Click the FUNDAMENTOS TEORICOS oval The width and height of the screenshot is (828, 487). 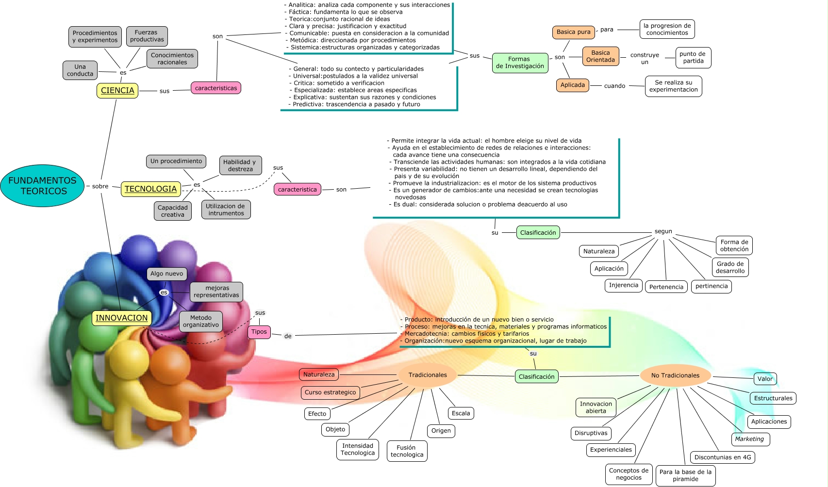(42, 186)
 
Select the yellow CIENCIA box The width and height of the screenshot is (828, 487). (117, 91)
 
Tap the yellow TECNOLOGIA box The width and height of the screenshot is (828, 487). (150, 189)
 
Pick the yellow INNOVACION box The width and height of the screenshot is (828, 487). (122, 318)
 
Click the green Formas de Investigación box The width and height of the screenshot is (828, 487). (520, 63)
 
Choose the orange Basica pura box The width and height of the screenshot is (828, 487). (573, 32)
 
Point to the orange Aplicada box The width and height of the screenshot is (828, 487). (573, 85)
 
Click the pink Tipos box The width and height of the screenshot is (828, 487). (259, 332)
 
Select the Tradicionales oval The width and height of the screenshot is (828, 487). (428, 375)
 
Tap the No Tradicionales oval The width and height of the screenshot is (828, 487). (675, 375)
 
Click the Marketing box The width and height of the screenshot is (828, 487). (749, 439)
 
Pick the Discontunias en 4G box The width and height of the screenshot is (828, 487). (722, 457)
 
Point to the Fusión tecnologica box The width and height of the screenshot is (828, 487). (407, 451)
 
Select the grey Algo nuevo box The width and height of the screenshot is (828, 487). (167, 274)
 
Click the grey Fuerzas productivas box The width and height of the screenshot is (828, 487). (147, 36)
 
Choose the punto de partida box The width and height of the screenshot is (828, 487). (693, 57)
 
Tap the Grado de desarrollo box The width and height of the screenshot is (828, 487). (730, 267)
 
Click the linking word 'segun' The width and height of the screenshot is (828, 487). (663, 231)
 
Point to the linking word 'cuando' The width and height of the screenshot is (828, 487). (614, 86)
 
